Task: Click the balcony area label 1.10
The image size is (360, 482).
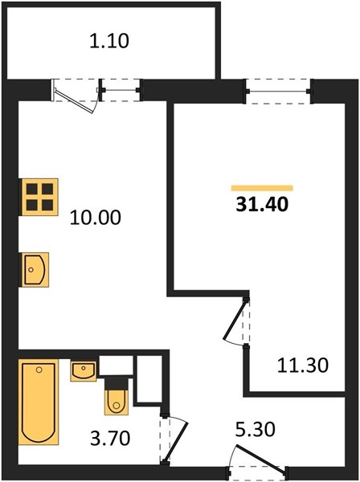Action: point(109,41)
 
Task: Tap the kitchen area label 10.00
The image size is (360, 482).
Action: point(96,218)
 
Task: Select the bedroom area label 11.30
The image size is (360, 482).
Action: point(303,366)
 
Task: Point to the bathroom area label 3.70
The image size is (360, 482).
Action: point(110,438)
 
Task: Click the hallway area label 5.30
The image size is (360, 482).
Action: point(255,429)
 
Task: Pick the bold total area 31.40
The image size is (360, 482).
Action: point(262,204)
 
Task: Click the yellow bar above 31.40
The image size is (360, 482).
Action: point(262,188)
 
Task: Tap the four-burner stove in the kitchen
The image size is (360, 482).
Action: point(39,197)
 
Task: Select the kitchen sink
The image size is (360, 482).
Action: point(35,270)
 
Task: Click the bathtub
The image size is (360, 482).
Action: point(39,402)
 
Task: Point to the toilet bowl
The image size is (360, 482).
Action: point(117,402)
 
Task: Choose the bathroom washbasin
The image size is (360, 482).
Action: point(84,371)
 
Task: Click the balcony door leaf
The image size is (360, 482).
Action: point(74,101)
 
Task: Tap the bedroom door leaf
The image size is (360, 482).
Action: point(235,321)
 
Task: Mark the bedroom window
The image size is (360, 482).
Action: point(279,91)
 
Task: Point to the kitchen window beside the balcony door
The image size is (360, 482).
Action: point(121,90)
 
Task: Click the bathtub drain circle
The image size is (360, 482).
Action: point(39,370)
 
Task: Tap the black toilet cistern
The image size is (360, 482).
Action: point(117,384)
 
